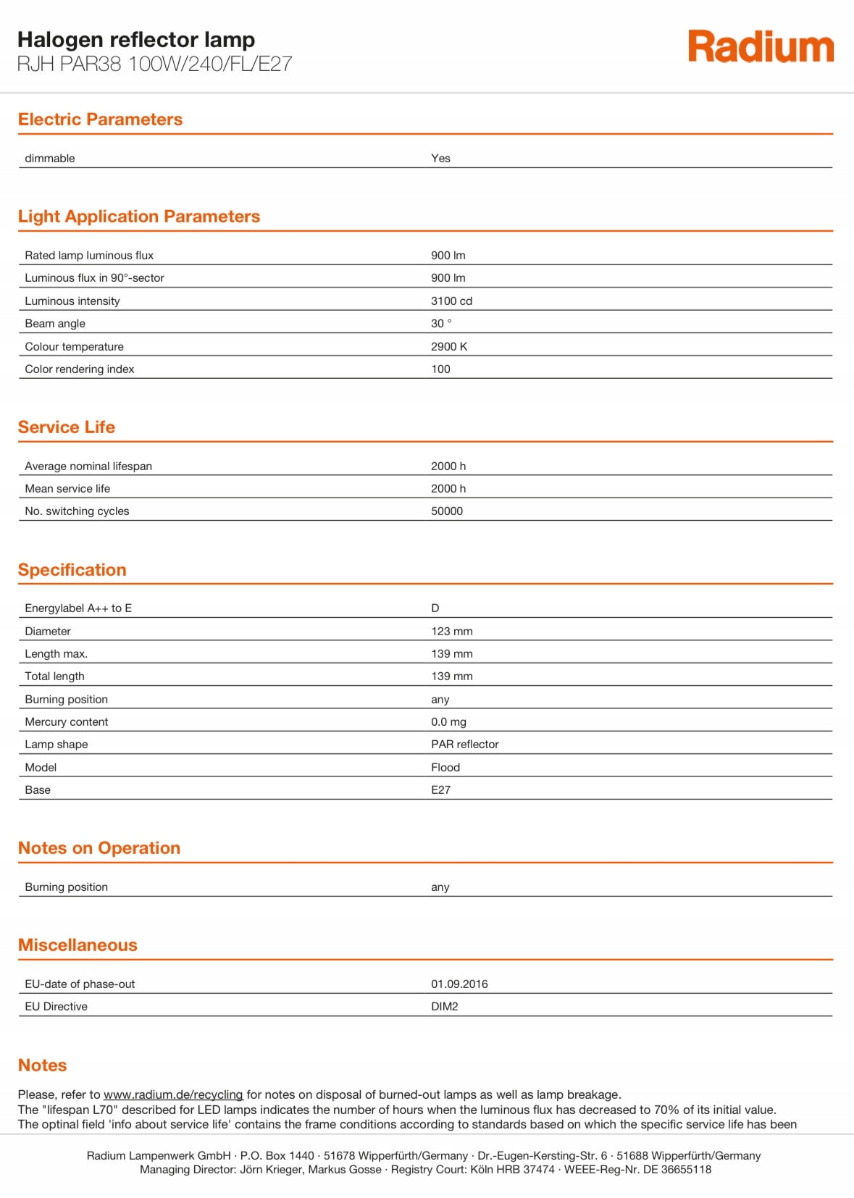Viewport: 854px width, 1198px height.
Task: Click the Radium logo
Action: pyautogui.click(x=761, y=47)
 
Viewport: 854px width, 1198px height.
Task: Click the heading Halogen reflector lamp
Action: pyautogui.click(x=136, y=40)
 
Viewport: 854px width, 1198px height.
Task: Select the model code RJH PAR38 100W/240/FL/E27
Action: pyautogui.click(x=154, y=64)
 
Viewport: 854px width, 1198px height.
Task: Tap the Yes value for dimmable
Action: pyautogui.click(x=440, y=159)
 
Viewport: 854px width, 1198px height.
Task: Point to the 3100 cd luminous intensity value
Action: pyautogui.click(x=451, y=301)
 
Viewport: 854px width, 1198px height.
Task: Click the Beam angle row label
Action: pyautogui.click(x=55, y=324)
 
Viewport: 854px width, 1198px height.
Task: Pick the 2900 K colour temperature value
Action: pyautogui.click(x=449, y=347)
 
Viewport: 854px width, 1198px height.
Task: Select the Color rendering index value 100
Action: pyautogui.click(x=440, y=369)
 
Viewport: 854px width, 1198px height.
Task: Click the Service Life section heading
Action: pyautogui.click(x=67, y=427)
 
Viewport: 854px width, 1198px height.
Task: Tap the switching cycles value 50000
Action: pyautogui.click(x=447, y=511)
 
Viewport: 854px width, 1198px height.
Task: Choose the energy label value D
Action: pyautogui.click(x=435, y=608)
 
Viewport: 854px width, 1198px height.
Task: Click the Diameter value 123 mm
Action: pyautogui.click(x=452, y=632)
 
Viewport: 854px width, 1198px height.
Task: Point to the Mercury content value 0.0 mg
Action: pyautogui.click(x=448, y=722)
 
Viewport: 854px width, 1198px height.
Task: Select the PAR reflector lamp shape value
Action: pyautogui.click(x=465, y=745)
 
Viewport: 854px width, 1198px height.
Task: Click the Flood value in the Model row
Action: pyautogui.click(x=445, y=768)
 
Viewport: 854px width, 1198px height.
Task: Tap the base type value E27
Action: pyautogui.click(x=440, y=790)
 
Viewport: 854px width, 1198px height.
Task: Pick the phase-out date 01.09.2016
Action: pyautogui.click(x=459, y=984)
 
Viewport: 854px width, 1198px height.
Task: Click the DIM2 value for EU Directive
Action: pyautogui.click(x=445, y=1007)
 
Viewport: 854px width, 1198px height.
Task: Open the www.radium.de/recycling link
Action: pyautogui.click(x=173, y=1094)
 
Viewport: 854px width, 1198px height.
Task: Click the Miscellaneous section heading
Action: pyautogui.click(x=78, y=945)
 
